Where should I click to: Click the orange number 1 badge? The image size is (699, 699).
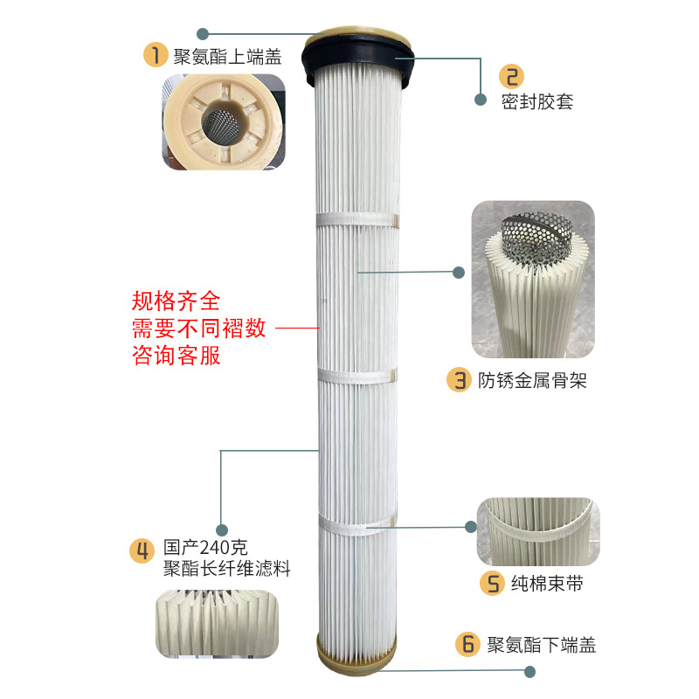pyautogui.click(x=155, y=55)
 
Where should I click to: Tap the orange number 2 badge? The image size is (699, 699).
pyautogui.click(x=511, y=75)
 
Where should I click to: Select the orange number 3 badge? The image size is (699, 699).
pyautogui.click(x=459, y=380)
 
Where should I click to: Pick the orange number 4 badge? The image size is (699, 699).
pyautogui.click(x=142, y=550)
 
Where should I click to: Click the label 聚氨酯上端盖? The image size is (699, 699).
pyautogui.click(x=227, y=57)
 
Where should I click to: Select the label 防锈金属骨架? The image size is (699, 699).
pyautogui.click(x=531, y=380)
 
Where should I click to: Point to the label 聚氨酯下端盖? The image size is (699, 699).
pyautogui.click(x=542, y=645)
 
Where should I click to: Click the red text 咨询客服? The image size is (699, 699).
pyautogui.click(x=176, y=357)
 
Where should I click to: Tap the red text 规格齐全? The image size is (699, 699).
pyautogui.click(x=176, y=301)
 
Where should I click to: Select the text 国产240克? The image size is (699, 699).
pyautogui.click(x=205, y=549)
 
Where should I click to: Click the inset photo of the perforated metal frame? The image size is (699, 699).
pyautogui.click(x=532, y=280)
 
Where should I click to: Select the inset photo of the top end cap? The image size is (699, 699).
pyautogui.click(x=223, y=122)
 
